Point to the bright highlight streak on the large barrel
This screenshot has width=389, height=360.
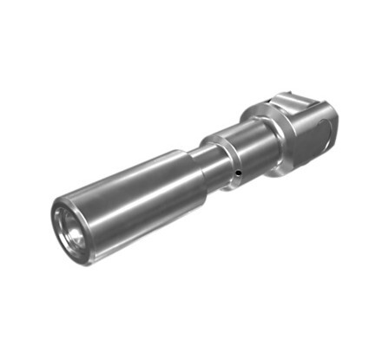(x=130, y=187)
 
